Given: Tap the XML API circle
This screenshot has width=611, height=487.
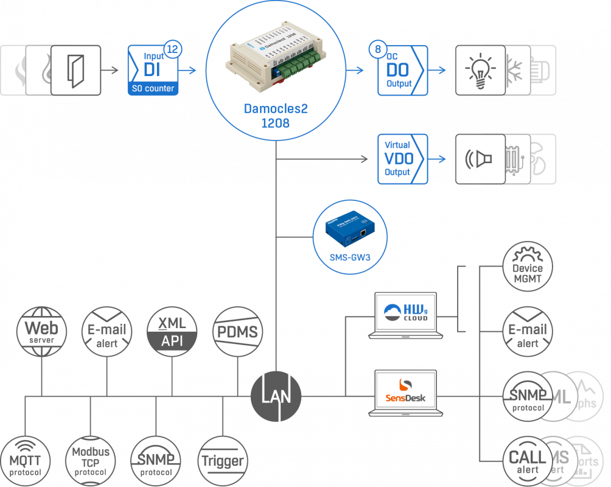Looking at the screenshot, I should click(172, 331).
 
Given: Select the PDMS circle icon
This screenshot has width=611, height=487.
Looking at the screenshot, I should click(237, 331).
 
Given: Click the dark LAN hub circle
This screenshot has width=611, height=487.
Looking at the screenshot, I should click(276, 397).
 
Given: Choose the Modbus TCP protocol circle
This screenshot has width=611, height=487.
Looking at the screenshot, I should click(91, 461).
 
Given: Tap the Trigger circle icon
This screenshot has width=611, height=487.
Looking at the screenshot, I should click(222, 461).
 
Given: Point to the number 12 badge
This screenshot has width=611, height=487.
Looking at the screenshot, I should click(172, 50).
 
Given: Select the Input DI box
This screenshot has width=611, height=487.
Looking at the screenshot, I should click(153, 70).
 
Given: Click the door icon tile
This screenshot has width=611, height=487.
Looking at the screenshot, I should click(75, 69).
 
